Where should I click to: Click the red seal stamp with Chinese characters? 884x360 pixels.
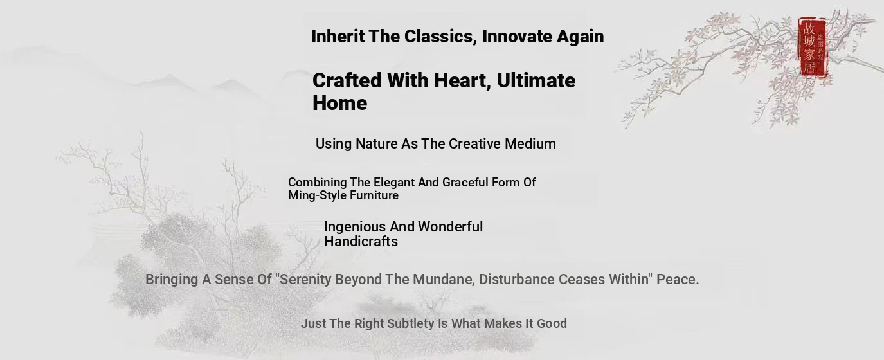point(812,48)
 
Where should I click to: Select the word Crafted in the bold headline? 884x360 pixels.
point(347,80)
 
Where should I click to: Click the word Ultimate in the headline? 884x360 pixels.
point(536,80)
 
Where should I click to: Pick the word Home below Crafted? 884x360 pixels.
point(340,103)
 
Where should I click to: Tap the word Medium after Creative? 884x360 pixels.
point(530,144)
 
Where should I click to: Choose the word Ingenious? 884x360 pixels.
point(355,227)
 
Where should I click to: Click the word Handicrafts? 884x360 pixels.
point(361,242)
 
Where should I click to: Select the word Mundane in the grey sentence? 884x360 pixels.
point(446,280)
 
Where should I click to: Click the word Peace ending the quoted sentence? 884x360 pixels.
point(677,280)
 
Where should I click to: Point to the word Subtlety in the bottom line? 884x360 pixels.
point(410,324)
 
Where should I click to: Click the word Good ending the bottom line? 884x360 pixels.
point(552,324)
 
